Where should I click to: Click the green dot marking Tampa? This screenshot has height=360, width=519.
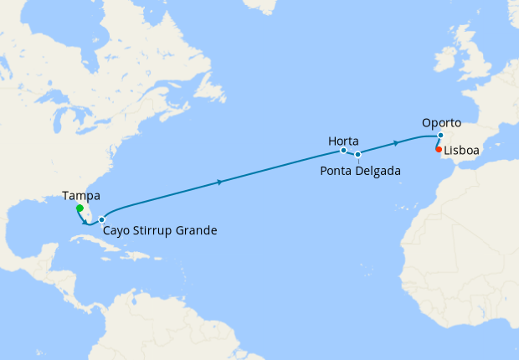pyautogui.click(x=79, y=208)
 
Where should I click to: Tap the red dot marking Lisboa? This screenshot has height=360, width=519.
pyautogui.click(x=439, y=150)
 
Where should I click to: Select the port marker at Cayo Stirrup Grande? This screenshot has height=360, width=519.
pyautogui.click(x=101, y=220)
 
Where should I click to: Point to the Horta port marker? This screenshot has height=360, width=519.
pyautogui.click(x=343, y=151)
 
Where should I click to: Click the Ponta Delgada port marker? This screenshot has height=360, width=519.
pyautogui.click(x=357, y=154)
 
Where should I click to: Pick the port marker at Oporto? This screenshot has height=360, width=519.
pyautogui.click(x=440, y=135)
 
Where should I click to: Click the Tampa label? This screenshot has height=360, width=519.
pyautogui.click(x=81, y=196)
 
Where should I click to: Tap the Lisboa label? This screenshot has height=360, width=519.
pyautogui.click(x=462, y=152)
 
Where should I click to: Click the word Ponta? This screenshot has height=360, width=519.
pyautogui.click(x=337, y=171)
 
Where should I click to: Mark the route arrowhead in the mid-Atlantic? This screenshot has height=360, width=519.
pyautogui.click(x=219, y=182)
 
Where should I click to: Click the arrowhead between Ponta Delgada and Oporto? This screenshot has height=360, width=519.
pyautogui.click(x=397, y=143)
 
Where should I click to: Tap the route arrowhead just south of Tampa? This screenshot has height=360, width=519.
pyautogui.click(x=85, y=222)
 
